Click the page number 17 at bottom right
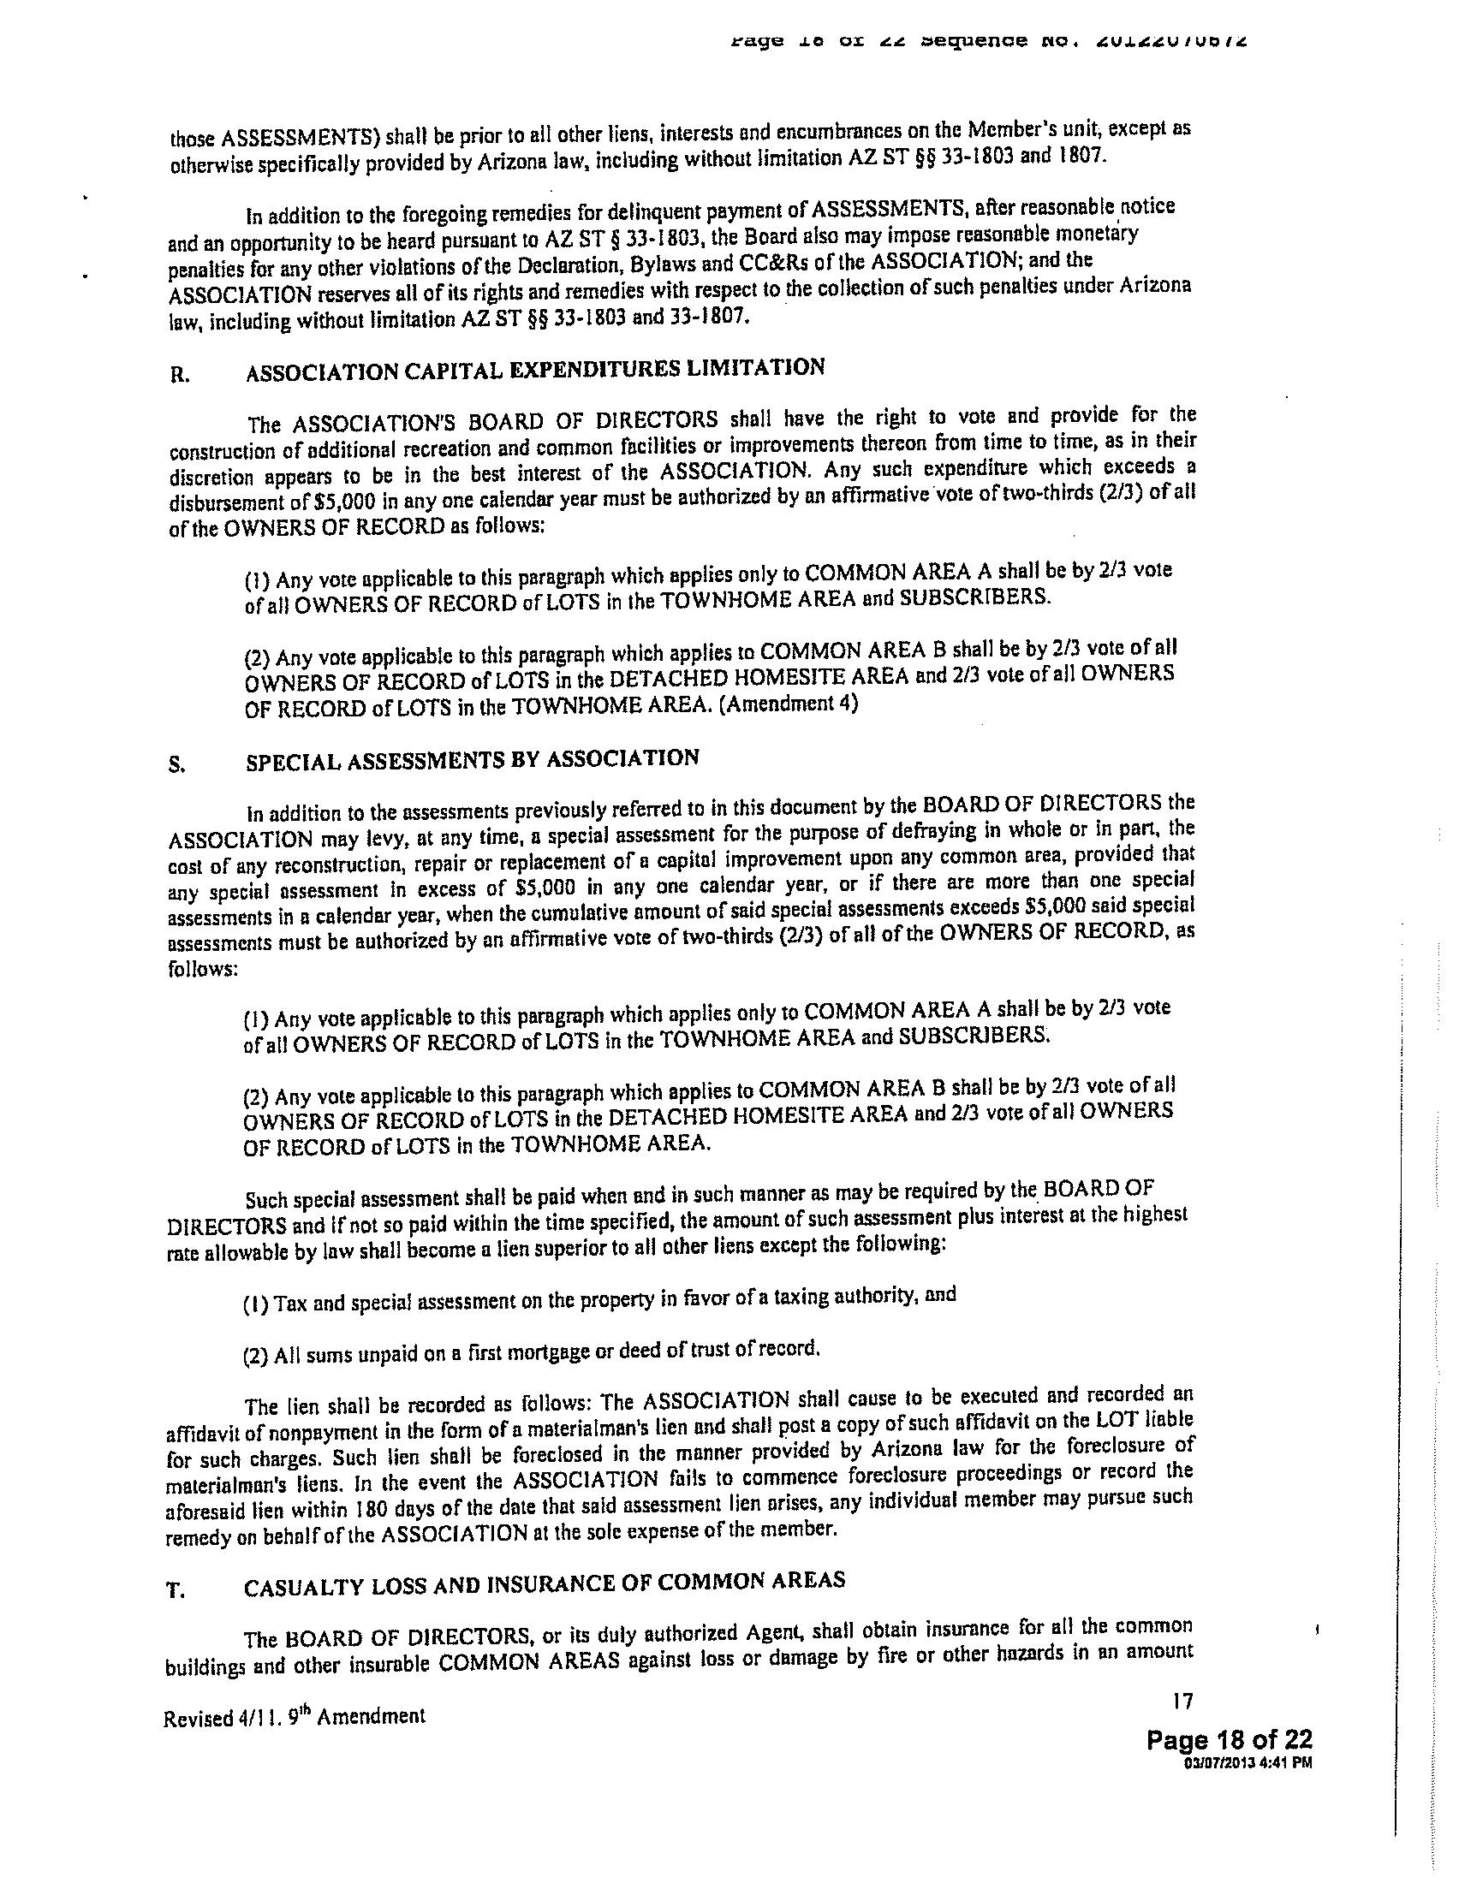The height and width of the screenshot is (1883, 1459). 1182,1701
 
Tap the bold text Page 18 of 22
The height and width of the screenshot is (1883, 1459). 1229,1739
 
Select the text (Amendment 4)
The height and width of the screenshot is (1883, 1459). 788,703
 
